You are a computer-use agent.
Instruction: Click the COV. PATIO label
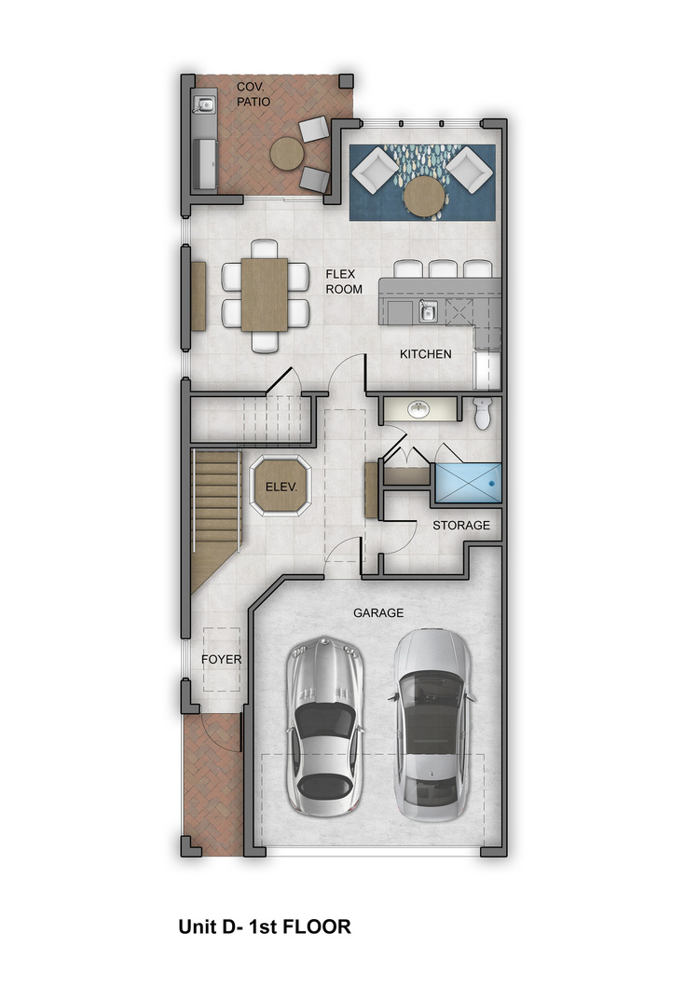(254, 94)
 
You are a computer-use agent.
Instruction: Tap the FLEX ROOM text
(344, 281)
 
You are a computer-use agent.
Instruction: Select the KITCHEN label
(425, 354)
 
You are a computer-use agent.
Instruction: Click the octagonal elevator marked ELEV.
(281, 487)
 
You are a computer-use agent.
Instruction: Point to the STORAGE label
(460, 525)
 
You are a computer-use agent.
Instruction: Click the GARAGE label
(378, 612)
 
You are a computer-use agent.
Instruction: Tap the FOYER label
(221, 659)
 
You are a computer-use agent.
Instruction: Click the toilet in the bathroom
(482, 413)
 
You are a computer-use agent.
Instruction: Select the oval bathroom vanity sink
(418, 410)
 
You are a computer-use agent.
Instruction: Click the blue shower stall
(467, 484)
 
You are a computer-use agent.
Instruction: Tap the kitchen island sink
(428, 310)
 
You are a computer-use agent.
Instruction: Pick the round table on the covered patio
(287, 153)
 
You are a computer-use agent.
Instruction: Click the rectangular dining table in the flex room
(264, 295)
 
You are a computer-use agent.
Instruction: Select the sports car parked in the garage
(324, 726)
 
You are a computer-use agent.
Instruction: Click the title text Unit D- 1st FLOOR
(265, 926)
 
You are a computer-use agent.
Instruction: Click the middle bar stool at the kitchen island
(443, 269)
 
